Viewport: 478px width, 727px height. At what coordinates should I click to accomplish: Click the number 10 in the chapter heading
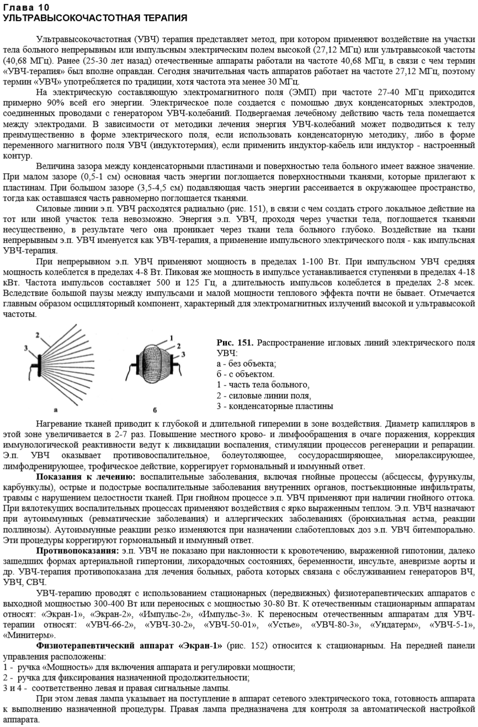41,7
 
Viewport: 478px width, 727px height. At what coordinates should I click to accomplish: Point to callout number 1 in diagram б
172,336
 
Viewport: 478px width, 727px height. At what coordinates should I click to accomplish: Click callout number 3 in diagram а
26,348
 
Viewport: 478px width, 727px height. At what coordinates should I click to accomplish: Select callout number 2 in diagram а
38,335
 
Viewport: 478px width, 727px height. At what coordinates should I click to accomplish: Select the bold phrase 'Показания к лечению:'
87,476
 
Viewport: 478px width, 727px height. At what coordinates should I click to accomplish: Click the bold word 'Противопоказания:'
77,551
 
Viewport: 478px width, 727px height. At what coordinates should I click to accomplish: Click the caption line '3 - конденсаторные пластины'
275,406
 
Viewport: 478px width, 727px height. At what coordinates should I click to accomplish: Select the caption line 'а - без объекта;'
247,364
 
